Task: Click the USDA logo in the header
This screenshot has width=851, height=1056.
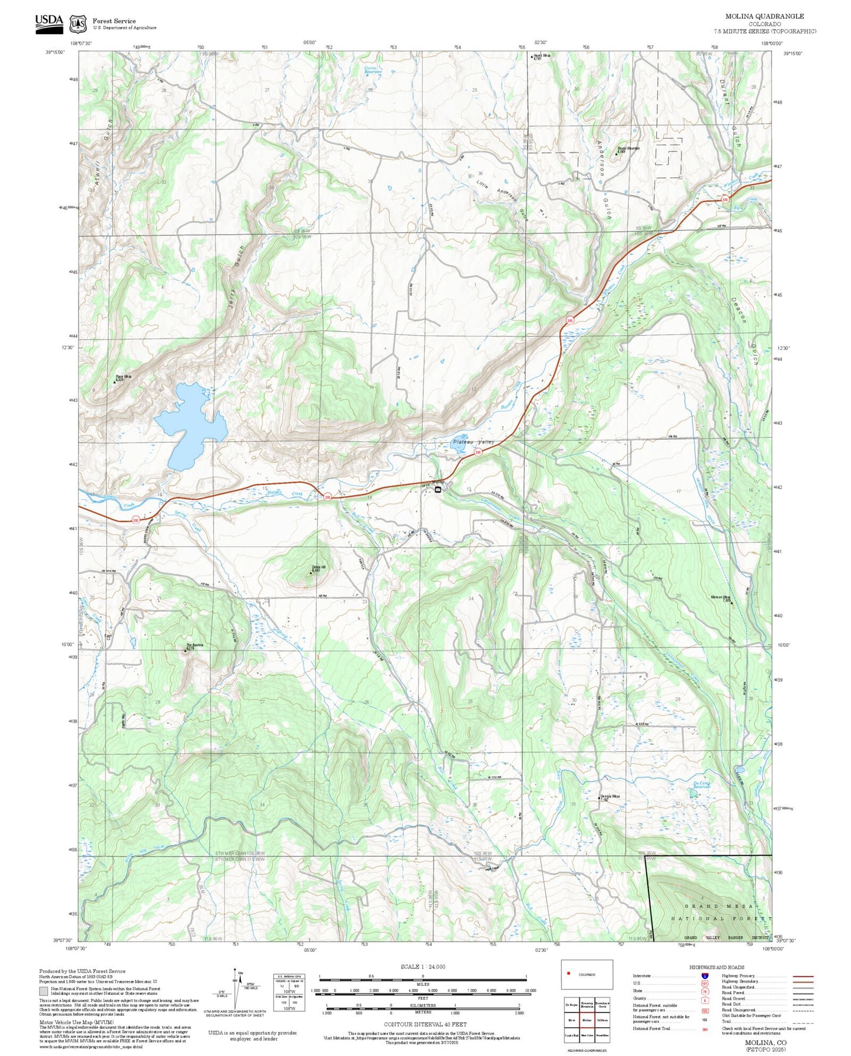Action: (x=48, y=22)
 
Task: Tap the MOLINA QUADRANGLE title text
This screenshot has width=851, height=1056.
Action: (x=764, y=16)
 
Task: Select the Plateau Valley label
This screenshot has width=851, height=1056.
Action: (x=473, y=442)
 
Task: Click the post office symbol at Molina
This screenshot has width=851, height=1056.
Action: (x=438, y=489)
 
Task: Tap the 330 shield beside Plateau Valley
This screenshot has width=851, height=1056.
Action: (x=478, y=452)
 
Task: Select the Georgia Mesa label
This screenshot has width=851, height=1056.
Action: (x=610, y=797)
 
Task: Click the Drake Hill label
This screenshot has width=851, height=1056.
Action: (x=318, y=568)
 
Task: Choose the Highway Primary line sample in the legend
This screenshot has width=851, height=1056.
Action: (x=803, y=976)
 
